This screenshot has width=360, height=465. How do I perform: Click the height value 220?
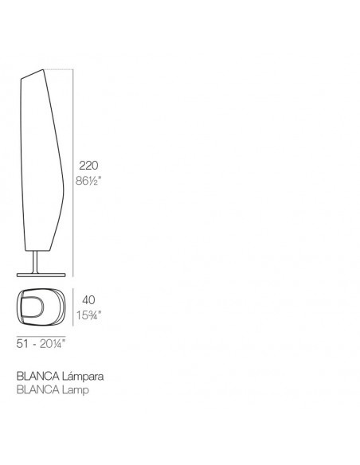88,166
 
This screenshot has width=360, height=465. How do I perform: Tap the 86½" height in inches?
88,181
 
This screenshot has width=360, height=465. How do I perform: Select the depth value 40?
88,300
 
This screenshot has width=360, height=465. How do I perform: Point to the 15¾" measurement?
88,315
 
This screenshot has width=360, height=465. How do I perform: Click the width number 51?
22,344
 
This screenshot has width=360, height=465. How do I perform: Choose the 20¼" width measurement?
53,344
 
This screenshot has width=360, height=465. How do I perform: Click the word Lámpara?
83,377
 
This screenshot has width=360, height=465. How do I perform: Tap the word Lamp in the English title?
76,389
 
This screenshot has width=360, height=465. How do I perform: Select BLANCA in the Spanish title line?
37,377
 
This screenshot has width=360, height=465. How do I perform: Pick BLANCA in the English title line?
37,389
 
